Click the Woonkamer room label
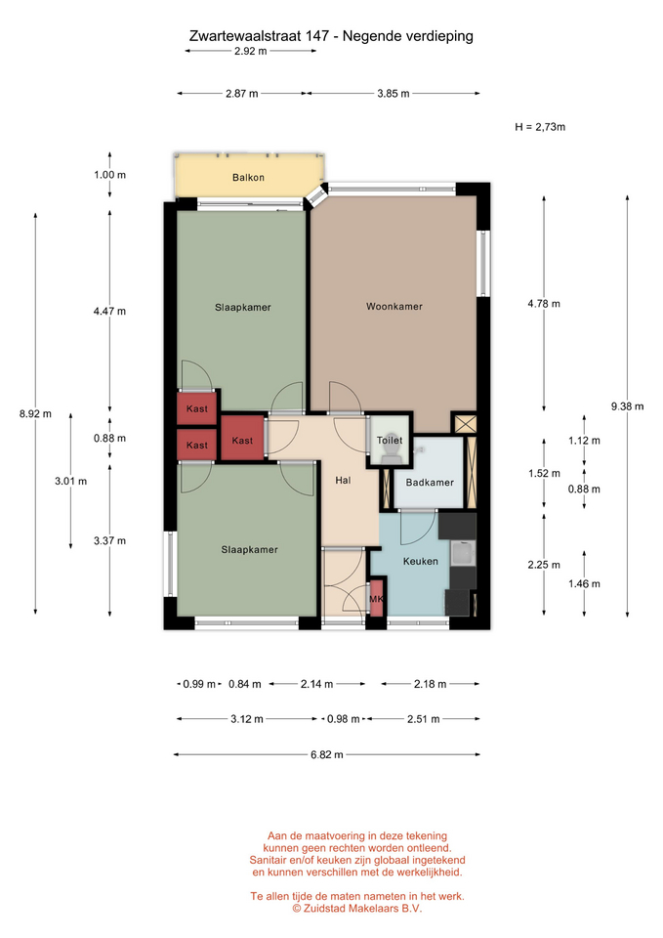(394, 306)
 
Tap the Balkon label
(248, 178)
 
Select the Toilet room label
(390, 441)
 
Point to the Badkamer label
(430, 482)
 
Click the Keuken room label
(420, 561)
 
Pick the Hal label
(343, 480)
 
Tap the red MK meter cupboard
(376, 598)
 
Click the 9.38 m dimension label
(627, 406)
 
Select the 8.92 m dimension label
(35, 414)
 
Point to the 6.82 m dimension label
(326, 755)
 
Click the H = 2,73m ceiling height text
(540, 127)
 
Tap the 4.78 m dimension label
(544, 304)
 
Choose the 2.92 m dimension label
(251, 52)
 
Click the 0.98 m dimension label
(343, 719)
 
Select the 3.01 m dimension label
(70, 481)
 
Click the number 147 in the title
(316, 36)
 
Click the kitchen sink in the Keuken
(463, 553)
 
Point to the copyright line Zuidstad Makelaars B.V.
(357, 908)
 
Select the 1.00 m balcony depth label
(109, 175)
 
